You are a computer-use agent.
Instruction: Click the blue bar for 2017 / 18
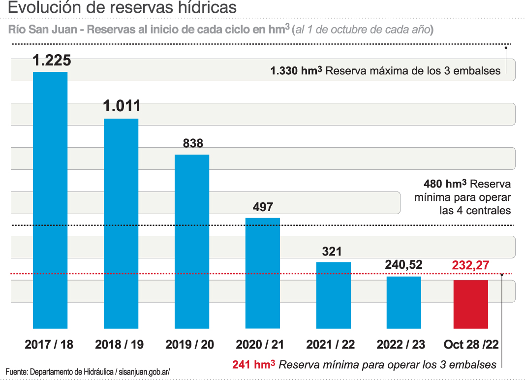(50, 200)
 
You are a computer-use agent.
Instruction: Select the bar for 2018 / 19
(121, 223)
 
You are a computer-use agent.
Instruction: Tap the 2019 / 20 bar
(192, 241)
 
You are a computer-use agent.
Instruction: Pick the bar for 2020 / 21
(262, 273)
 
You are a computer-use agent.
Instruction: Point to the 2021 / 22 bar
(333, 295)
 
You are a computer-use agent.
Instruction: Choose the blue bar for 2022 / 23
(403, 302)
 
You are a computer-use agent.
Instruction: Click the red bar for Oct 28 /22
(470, 304)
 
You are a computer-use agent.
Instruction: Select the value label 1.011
(122, 106)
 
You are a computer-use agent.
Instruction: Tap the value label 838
(193, 143)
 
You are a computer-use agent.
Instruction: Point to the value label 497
(263, 207)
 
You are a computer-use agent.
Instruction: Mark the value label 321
(332, 252)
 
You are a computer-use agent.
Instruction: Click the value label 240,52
(403, 265)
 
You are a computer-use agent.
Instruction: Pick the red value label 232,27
(470, 265)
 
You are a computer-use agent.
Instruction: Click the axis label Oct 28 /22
(471, 345)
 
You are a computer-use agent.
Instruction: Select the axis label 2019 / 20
(190, 345)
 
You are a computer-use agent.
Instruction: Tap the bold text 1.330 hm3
(296, 70)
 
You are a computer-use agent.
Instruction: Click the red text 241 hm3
(253, 365)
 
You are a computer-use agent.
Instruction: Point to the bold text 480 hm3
(445, 184)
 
